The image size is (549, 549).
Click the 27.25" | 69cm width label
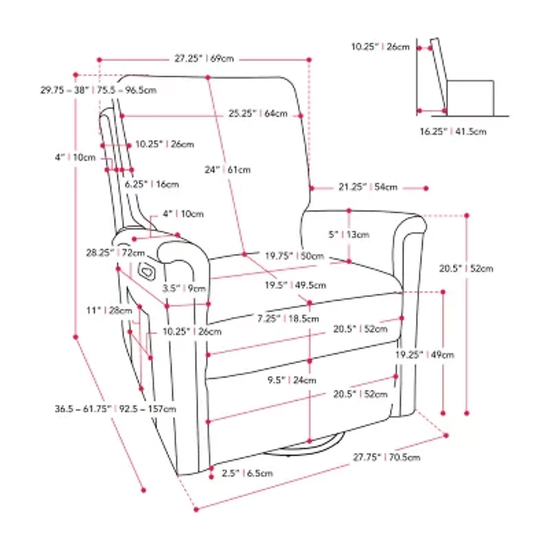point(204,59)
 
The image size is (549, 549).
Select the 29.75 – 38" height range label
point(98,89)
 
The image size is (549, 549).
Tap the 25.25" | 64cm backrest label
point(258,114)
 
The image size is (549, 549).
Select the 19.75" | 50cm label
point(294,255)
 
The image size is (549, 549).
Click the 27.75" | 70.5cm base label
point(386,457)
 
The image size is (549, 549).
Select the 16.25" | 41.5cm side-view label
point(453,130)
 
